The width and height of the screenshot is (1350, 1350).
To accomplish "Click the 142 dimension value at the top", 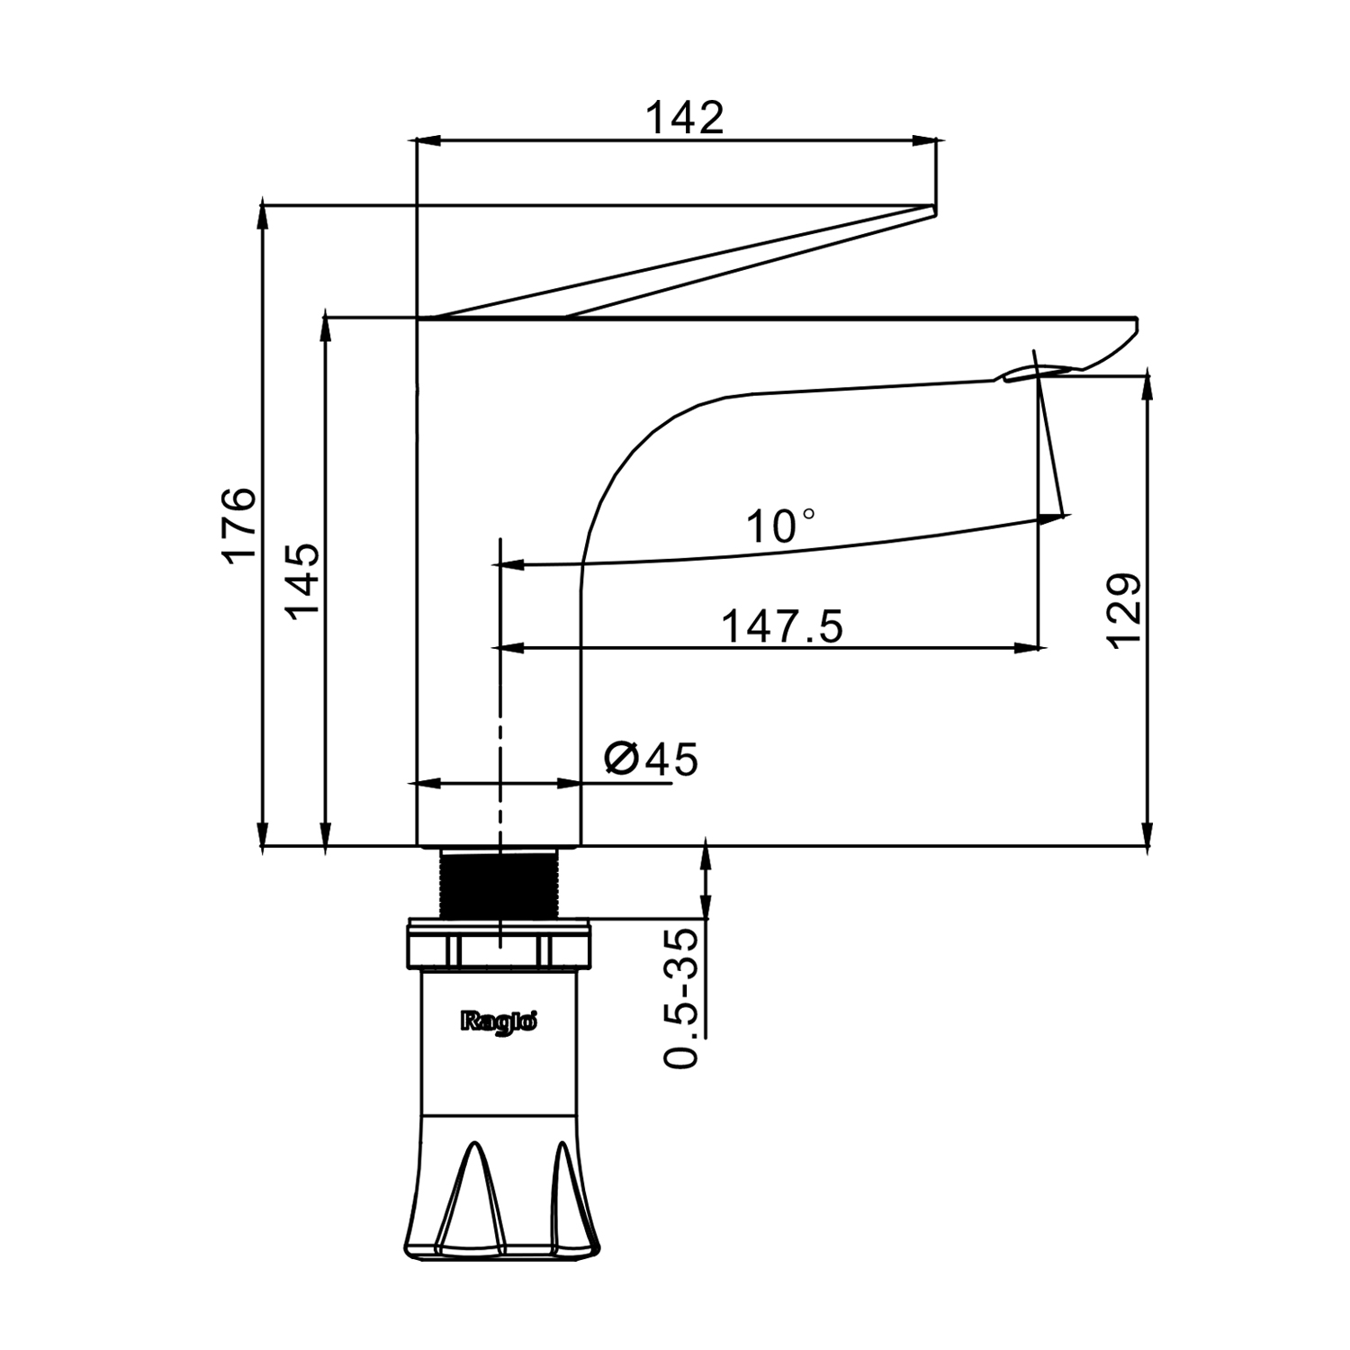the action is pos(685,118).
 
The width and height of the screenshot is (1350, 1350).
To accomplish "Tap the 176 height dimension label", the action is pos(240,525).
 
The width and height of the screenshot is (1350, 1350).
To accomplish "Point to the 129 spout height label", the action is pos(1125,609).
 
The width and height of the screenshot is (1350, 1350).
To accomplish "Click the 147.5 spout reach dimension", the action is pos(782,626).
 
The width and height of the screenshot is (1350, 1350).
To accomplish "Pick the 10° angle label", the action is pos(781,526).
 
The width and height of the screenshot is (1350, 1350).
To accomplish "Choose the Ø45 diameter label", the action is pos(651,760).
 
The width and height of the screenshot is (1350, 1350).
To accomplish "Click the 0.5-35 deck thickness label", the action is pos(682,997).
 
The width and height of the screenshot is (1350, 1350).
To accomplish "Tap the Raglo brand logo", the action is pos(499,1021).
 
